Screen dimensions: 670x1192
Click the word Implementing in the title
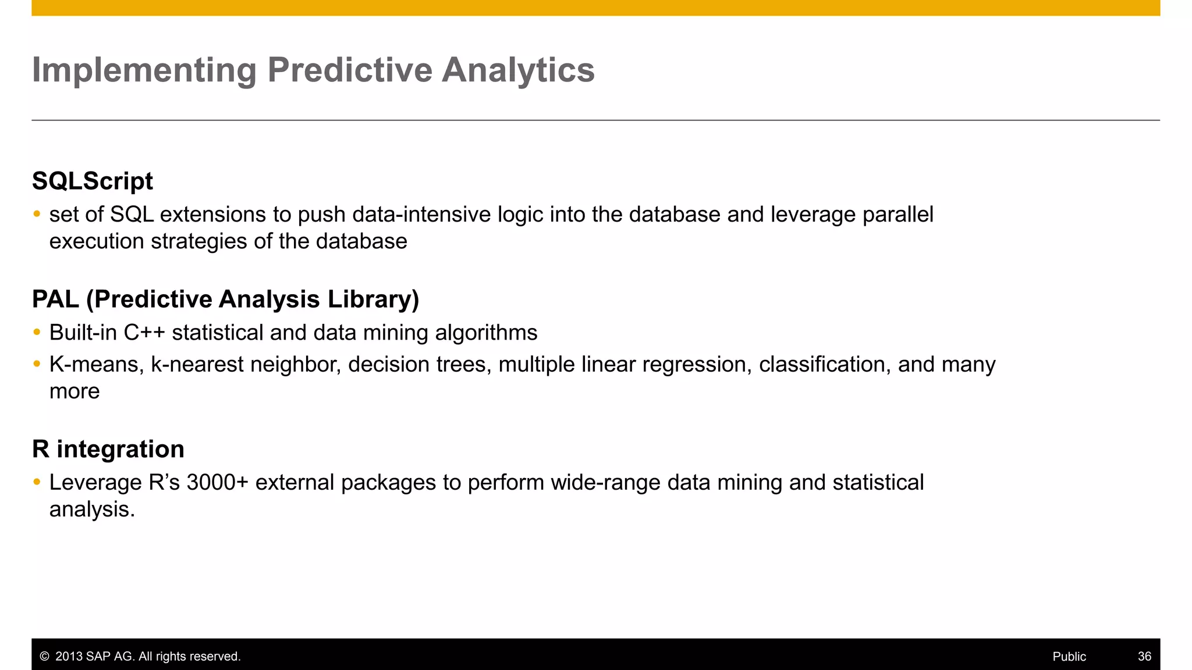coord(144,70)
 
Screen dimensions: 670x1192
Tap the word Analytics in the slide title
coord(517,70)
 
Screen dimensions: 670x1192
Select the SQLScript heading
coord(92,181)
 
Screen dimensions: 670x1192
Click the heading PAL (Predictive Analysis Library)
coord(225,299)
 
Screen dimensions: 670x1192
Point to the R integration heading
coord(108,449)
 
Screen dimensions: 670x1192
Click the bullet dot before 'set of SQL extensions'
coord(37,214)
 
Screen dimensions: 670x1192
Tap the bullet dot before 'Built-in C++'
coord(37,332)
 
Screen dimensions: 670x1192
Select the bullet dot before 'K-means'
coord(37,364)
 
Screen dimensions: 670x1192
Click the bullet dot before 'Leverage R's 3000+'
coord(37,482)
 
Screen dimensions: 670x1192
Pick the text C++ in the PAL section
coord(144,333)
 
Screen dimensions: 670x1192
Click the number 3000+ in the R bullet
coord(217,483)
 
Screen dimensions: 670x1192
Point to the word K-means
coord(96,365)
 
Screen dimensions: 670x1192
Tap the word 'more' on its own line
coord(74,391)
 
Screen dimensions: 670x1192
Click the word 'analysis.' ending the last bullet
coord(92,509)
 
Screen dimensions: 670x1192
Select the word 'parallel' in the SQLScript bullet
coord(897,215)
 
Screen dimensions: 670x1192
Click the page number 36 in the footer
coord(1144,657)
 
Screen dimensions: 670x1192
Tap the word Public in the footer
coord(1069,657)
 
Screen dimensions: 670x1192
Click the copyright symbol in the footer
coord(44,657)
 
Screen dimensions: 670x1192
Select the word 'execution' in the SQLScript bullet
coord(97,241)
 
